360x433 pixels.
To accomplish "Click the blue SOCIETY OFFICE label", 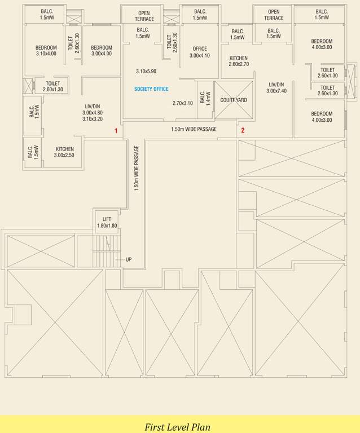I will pos(151,89).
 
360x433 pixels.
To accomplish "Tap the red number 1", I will pos(116,131).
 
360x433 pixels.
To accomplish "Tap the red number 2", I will pos(243,130).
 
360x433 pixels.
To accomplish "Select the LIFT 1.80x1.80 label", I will pos(107,222).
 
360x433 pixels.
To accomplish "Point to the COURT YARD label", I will pos(234,100).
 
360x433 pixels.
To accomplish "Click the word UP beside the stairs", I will pos(129,259).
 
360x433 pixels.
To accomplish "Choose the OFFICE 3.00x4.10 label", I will pos(199,52).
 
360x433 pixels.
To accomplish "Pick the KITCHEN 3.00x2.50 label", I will pos(64,152).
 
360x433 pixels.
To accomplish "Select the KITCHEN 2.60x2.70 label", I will pos(239,61).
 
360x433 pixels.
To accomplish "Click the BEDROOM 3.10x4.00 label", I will pos(46,51).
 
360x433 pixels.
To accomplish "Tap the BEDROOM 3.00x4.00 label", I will pos(102,51).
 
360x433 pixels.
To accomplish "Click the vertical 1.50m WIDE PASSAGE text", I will pos(137,169).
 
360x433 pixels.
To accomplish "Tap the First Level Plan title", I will pos(177,427).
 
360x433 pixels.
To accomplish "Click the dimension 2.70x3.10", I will pos(182,103).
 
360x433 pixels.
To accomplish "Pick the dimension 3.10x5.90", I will pos(146,72).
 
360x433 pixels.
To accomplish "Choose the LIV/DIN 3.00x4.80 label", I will pos(92,109).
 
